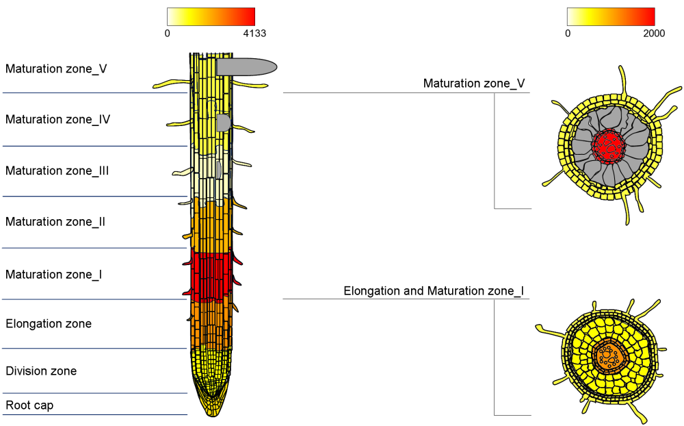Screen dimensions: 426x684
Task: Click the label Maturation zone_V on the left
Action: pyautogui.click(x=56, y=69)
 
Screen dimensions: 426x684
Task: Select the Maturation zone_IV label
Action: pyautogui.click(x=58, y=120)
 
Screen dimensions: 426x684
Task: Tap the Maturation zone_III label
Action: pyautogui.click(x=57, y=171)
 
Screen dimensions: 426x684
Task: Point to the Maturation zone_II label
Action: pyautogui.click(x=55, y=223)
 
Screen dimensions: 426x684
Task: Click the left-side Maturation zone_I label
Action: pyautogui.click(x=54, y=275)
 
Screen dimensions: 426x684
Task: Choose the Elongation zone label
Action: pyautogui.click(x=49, y=324)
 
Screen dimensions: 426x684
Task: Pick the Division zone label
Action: pyautogui.click(x=41, y=371)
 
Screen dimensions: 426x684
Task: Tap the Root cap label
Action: pyautogui.click(x=29, y=405)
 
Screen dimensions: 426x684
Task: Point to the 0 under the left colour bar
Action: pyautogui.click(x=168, y=33)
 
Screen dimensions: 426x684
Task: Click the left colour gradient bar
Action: pyautogui.click(x=211, y=16)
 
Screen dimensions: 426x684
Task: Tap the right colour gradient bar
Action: pyautogui.click(x=611, y=16)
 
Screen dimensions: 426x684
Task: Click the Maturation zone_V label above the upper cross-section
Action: pyautogui.click(x=474, y=84)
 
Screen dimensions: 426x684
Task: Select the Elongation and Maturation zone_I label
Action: pyautogui.click(x=434, y=292)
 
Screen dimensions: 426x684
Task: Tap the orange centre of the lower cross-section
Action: pyautogui.click(x=607, y=355)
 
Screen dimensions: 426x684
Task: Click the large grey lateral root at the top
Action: pyautogui.click(x=246, y=66)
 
